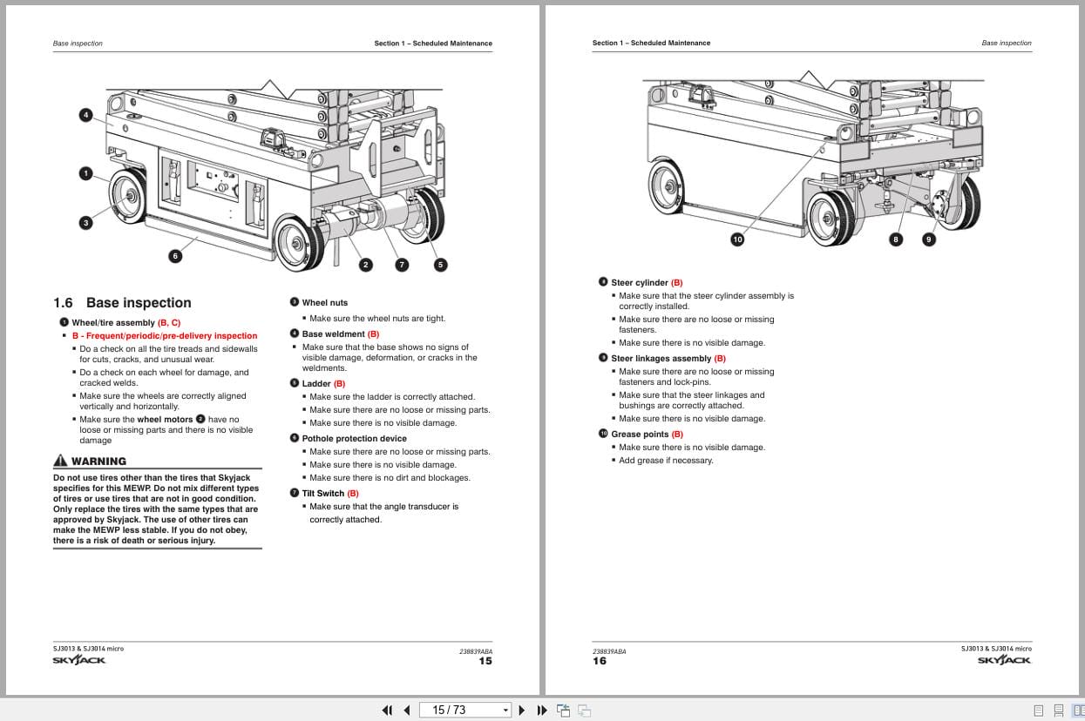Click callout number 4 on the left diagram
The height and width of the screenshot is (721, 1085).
pyautogui.click(x=85, y=115)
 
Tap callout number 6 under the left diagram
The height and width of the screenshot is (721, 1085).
pyautogui.click(x=175, y=255)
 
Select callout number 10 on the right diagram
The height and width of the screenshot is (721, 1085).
pyautogui.click(x=737, y=239)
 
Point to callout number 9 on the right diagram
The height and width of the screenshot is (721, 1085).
pyautogui.click(x=928, y=239)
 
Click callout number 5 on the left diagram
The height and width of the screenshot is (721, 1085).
pyautogui.click(x=440, y=265)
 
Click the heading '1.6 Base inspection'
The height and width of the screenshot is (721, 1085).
pyautogui.click(x=122, y=303)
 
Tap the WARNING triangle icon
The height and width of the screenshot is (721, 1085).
pyautogui.click(x=60, y=461)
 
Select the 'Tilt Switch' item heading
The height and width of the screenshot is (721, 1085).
pyautogui.click(x=323, y=494)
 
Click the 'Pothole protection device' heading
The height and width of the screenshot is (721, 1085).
pyautogui.click(x=354, y=439)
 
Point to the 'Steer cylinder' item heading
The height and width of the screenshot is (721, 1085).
pyautogui.click(x=640, y=283)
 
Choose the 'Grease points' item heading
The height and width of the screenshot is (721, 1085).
pyautogui.click(x=640, y=435)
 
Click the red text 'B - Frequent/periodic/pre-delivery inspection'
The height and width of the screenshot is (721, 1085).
pyautogui.click(x=165, y=336)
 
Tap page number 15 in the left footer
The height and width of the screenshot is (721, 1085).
pyautogui.click(x=485, y=661)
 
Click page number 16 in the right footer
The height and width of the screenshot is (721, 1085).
pyautogui.click(x=600, y=661)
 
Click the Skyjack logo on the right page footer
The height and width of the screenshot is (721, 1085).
pyautogui.click(x=1004, y=660)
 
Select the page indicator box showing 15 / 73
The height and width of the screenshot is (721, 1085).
pyautogui.click(x=465, y=710)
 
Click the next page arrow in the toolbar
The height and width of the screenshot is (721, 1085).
pyautogui.click(x=522, y=710)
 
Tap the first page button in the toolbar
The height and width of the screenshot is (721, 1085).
pyautogui.click(x=388, y=710)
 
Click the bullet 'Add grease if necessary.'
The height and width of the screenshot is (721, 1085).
pyautogui.click(x=666, y=461)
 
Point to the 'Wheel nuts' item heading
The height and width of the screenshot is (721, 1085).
pyautogui.click(x=324, y=303)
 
